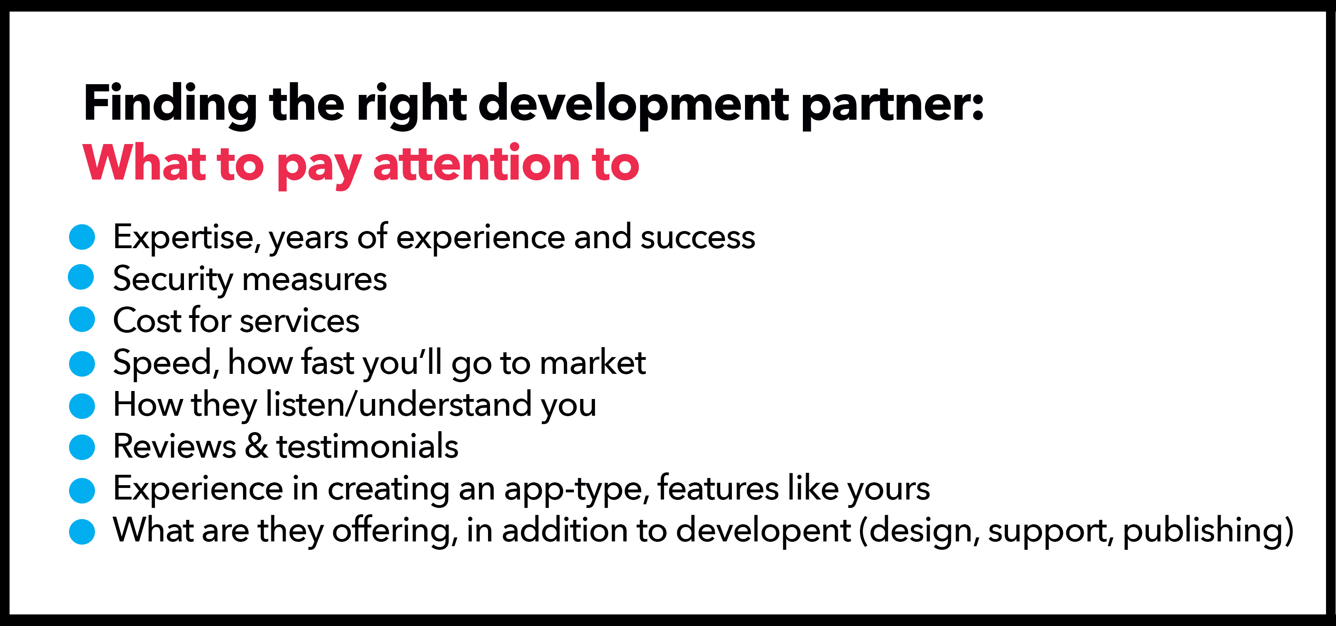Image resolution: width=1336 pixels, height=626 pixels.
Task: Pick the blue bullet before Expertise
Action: click(82, 237)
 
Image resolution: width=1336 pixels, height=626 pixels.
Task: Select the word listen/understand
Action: click(398, 404)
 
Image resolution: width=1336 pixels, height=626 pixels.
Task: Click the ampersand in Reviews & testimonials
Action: click(257, 446)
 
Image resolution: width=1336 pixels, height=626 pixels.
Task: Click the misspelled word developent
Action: click(763, 530)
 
